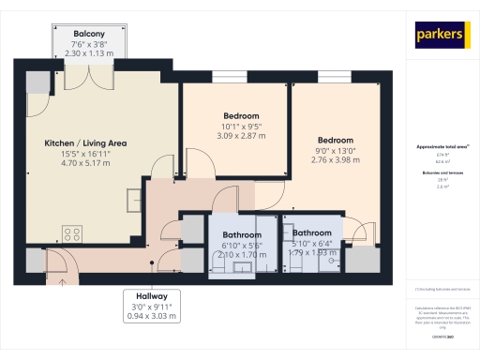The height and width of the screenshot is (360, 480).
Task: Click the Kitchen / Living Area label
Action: click(x=85, y=143)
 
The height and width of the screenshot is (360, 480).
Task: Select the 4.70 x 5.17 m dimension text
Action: click(x=85, y=162)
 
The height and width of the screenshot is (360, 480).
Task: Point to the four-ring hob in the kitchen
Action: click(x=72, y=232)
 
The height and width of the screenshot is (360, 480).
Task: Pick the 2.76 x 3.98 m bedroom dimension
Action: click(x=335, y=159)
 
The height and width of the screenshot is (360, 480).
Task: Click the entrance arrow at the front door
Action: click(x=63, y=277)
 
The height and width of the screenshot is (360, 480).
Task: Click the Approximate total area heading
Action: click(x=442, y=147)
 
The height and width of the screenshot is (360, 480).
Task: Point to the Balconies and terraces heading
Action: click(x=442, y=174)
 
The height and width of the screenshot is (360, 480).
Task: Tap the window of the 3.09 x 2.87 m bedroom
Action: click(x=230, y=76)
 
